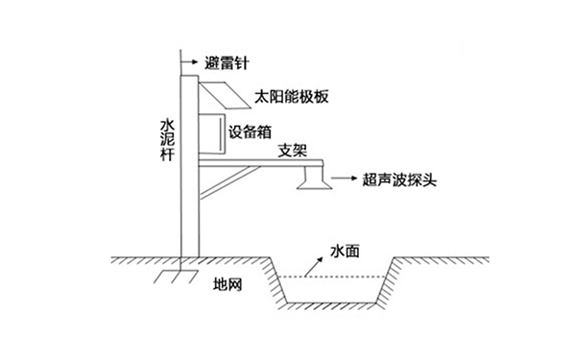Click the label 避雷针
[x=227, y=62]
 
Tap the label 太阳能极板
[x=286, y=97]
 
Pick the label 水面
[x=345, y=250]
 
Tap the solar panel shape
[x=224, y=95]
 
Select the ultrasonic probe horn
[x=314, y=180]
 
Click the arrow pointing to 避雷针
[x=192, y=62]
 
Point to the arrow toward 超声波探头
[x=344, y=179]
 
